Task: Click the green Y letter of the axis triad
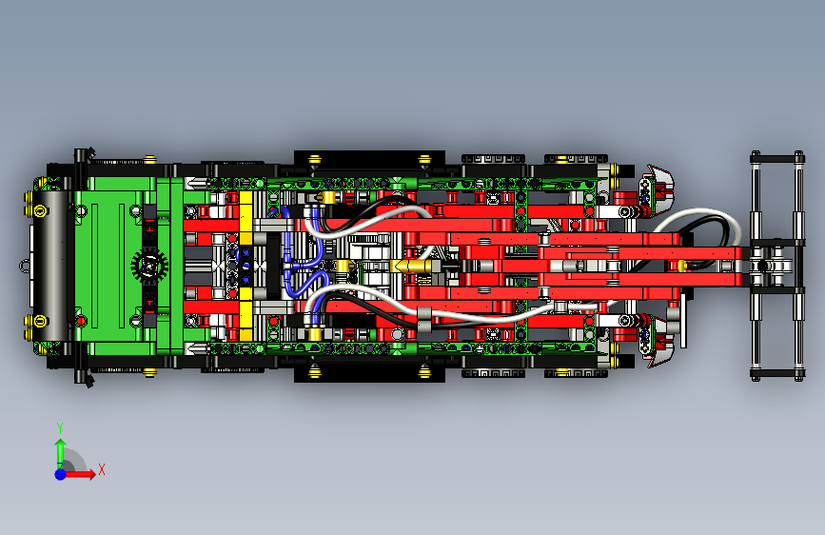pyautogui.click(x=60, y=427)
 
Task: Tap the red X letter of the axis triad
pyautogui.click(x=101, y=469)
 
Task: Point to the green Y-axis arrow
pyautogui.click(x=60, y=448)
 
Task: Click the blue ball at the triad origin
pyautogui.click(x=60, y=473)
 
